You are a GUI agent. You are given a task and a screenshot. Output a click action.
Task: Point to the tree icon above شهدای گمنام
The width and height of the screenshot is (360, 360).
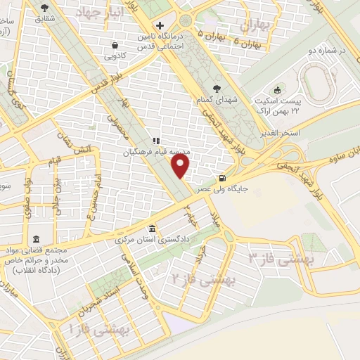[x=216, y=89]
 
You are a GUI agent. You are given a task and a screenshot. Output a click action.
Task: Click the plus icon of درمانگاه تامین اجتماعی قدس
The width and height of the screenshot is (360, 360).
[x=160, y=25]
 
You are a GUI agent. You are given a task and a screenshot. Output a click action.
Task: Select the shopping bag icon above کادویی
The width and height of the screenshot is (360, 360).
[x=115, y=45]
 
